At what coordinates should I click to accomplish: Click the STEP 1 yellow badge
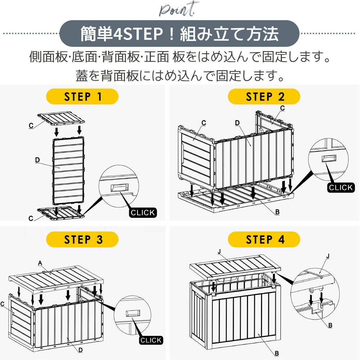(82, 96)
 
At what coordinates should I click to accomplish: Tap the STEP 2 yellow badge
(264, 96)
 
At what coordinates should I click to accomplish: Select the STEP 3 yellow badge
(82, 240)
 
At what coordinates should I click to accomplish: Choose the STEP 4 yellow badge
(264, 240)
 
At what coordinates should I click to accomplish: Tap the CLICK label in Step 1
(143, 213)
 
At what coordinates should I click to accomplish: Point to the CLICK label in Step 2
(341, 188)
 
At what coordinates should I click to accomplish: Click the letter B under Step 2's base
(277, 212)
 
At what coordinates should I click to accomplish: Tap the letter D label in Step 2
(237, 123)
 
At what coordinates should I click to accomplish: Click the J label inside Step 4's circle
(327, 256)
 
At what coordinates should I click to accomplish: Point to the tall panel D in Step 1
(68, 169)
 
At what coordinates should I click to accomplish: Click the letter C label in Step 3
(3, 304)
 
